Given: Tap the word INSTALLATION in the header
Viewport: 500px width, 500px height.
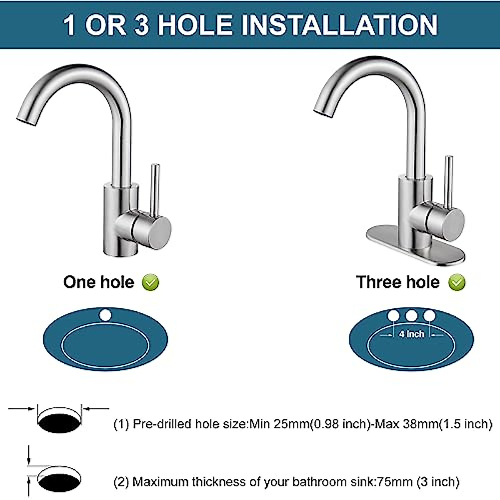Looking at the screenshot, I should coord(340,25).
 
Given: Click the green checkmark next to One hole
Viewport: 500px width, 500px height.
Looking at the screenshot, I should coord(150,282).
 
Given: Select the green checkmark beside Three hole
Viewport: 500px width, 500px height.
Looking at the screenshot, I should coord(457,282).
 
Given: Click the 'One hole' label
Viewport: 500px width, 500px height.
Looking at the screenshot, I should coord(99,282).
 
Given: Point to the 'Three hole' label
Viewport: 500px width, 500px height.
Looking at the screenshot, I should coord(398,282).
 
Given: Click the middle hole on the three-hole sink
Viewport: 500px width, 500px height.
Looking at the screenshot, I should coord(411,316).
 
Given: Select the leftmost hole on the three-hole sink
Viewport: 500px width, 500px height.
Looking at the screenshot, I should coord(393,316).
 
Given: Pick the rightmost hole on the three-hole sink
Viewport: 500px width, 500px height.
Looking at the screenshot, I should coord(429,316).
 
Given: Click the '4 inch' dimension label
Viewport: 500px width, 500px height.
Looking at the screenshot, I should coord(411,334).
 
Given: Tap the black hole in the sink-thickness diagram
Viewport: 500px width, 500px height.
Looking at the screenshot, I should coord(59,481).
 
